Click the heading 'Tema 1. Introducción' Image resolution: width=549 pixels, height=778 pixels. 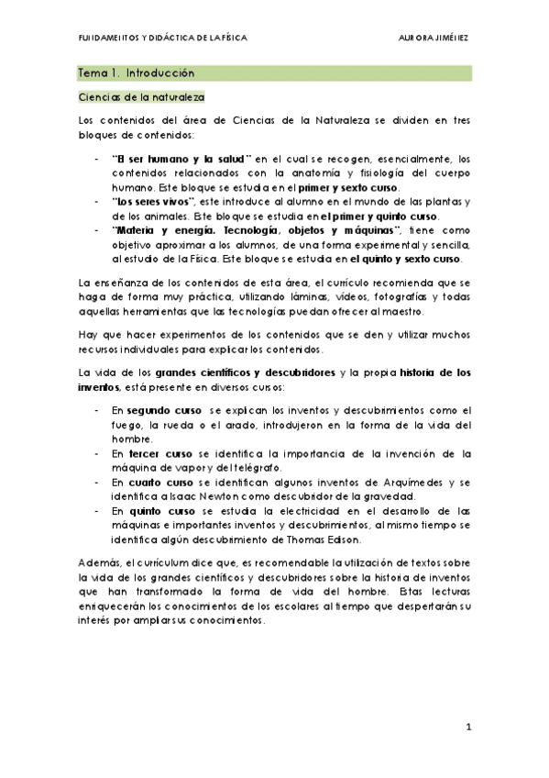[136, 72]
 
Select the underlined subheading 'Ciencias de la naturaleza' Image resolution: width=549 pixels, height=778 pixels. [140, 96]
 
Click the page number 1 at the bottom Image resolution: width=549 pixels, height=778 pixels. [467, 727]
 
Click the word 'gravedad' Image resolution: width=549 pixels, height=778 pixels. [395, 495]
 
